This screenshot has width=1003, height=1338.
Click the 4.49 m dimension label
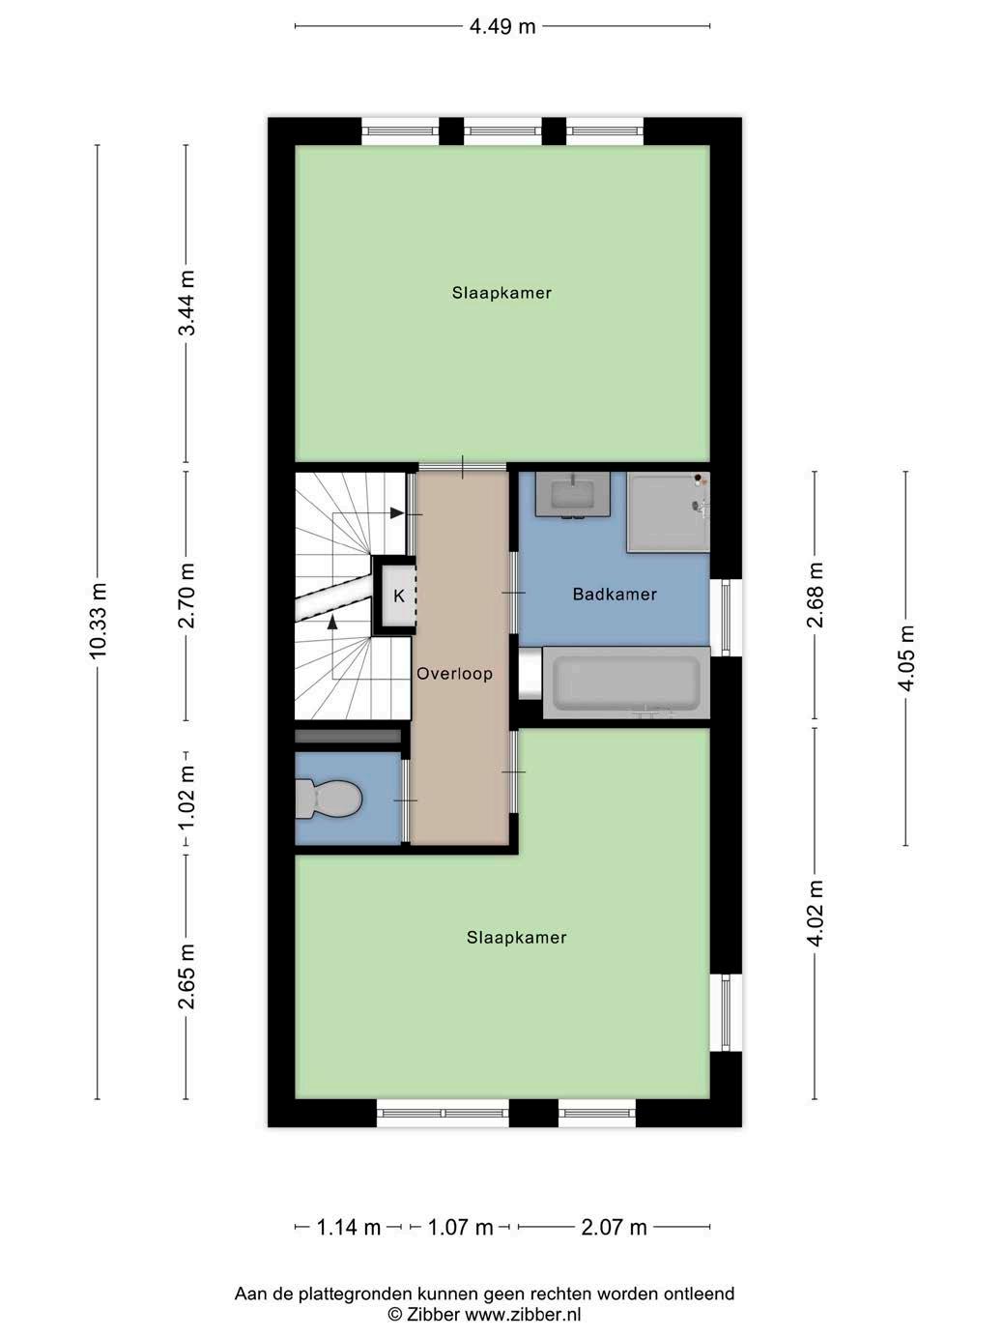(x=501, y=27)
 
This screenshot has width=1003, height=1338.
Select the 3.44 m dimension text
(x=186, y=303)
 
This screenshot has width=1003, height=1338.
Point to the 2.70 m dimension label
(x=186, y=595)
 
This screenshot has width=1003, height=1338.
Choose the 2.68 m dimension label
(x=815, y=595)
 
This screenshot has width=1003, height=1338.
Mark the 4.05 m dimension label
(x=906, y=657)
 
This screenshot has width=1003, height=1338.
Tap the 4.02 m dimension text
(x=815, y=913)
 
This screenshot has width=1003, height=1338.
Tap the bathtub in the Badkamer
(x=626, y=683)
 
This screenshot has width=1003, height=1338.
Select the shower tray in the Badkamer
(x=668, y=512)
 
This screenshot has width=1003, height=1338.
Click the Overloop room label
(x=454, y=674)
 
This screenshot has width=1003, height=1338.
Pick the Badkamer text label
(x=615, y=595)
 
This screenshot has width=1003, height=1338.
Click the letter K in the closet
(x=399, y=596)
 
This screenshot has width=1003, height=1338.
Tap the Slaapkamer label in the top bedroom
(x=501, y=293)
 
